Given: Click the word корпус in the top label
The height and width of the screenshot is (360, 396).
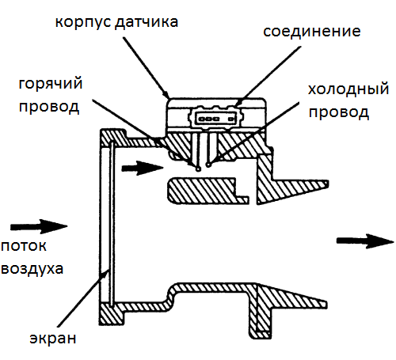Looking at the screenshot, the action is click(83, 22).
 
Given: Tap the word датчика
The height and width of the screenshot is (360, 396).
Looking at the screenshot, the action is click(147, 22).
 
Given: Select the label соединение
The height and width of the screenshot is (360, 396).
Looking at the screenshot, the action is click(312, 32).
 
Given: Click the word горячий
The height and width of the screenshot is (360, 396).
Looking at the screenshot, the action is click(51, 85).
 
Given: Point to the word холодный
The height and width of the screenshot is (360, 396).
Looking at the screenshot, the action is click(348, 89).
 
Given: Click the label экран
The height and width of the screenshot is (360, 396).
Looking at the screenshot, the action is click(53, 339).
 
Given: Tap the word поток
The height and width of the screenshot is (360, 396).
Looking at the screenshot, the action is click(24, 246).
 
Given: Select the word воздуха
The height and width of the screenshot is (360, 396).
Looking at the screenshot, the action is click(32, 269).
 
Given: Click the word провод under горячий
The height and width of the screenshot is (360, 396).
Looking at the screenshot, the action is click(49, 108).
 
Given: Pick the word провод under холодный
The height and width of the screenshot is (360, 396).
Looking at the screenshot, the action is click(339, 113).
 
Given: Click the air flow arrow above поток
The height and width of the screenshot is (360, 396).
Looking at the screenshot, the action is click(39, 226).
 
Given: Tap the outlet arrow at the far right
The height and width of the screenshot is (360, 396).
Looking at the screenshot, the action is click(365, 241).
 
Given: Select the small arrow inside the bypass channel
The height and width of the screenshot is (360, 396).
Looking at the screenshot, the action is click(143, 168).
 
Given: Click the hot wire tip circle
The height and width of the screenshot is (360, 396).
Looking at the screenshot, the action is click(198, 169).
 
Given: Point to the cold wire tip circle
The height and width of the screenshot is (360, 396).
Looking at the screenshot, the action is click(208, 165).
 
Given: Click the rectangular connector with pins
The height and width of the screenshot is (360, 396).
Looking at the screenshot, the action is click(215, 119).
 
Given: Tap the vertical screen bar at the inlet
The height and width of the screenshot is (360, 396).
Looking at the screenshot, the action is click(112, 224).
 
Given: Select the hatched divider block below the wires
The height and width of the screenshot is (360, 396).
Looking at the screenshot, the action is click(208, 191).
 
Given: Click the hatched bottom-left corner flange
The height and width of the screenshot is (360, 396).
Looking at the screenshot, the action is click(112, 314).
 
